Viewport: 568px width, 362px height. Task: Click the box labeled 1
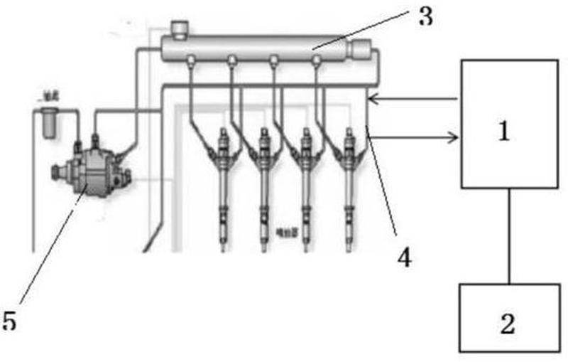click(509, 124)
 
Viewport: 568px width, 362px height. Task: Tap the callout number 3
click(425, 16)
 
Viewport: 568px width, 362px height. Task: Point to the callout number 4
click(404, 257)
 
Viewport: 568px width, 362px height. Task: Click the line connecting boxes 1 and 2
click(509, 235)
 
